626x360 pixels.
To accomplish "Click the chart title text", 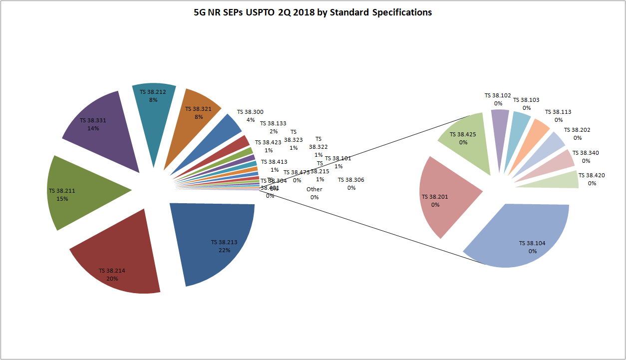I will click(x=313, y=12).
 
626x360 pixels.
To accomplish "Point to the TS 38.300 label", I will click(x=250, y=116).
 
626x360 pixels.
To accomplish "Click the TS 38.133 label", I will click(x=274, y=127).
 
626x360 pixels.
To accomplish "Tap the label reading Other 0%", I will click(x=314, y=193).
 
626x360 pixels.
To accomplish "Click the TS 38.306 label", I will click(x=351, y=184).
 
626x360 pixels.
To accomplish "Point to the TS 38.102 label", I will click(x=498, y=99).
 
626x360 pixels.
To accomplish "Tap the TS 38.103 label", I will click(x=527, y=104).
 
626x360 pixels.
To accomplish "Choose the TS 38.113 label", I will click(x=558, y=116).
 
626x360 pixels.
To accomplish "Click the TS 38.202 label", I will click(x=578, y=134).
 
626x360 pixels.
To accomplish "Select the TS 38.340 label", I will click(x=586, y=157).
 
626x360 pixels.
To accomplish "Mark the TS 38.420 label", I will click(x=592, y=179).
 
